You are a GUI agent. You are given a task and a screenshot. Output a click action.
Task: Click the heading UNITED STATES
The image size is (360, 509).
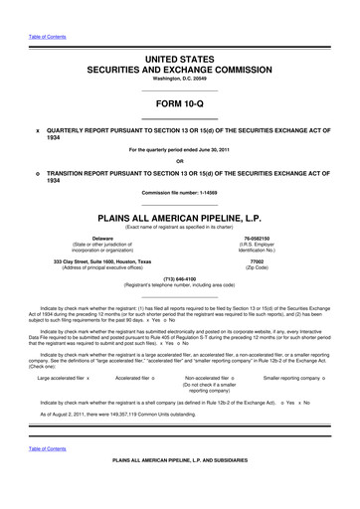(179, 60)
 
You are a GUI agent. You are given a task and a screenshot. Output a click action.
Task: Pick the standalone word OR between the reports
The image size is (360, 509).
(179, 162)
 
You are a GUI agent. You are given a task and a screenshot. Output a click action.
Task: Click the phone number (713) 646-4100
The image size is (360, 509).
(179, 279)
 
